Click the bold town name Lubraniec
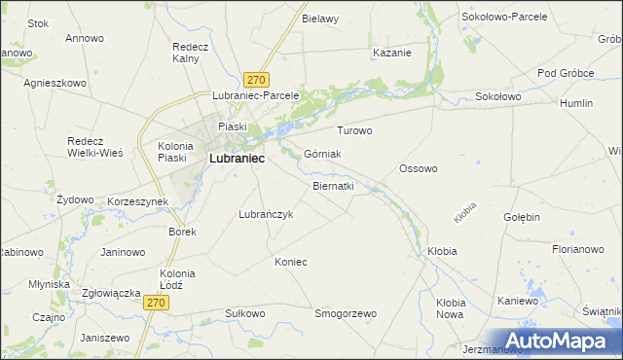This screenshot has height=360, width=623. [x=237, y=159]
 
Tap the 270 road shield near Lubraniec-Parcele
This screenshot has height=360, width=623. [x=257, y=80]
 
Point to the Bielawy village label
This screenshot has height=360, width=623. [x=320, y=18]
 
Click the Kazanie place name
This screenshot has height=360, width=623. [x=391, y=53]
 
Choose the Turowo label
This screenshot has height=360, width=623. [x=354, y=130]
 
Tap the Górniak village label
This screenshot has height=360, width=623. [x=322, y=154]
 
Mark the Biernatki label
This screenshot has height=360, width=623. [x=333, y=185]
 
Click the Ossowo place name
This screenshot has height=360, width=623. [x=419, y=168]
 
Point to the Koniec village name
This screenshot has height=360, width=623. [x=291, y=262]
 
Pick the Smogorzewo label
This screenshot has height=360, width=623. [x=346, y=313]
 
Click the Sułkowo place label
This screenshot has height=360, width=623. [x=244, y=313]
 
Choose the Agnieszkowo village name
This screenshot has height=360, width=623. [x=55, y=83]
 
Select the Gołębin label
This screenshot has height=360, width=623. [x=522, y=217]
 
